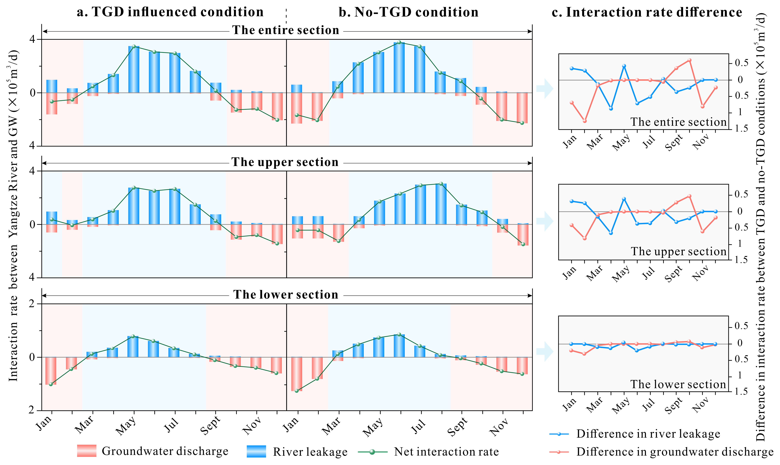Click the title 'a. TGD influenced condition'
170,12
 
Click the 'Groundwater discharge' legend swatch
87,451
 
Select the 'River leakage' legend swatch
256,451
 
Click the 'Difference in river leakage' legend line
559,434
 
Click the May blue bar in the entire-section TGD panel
134,70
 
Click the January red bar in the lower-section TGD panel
51,371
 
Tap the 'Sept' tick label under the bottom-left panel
210,426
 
